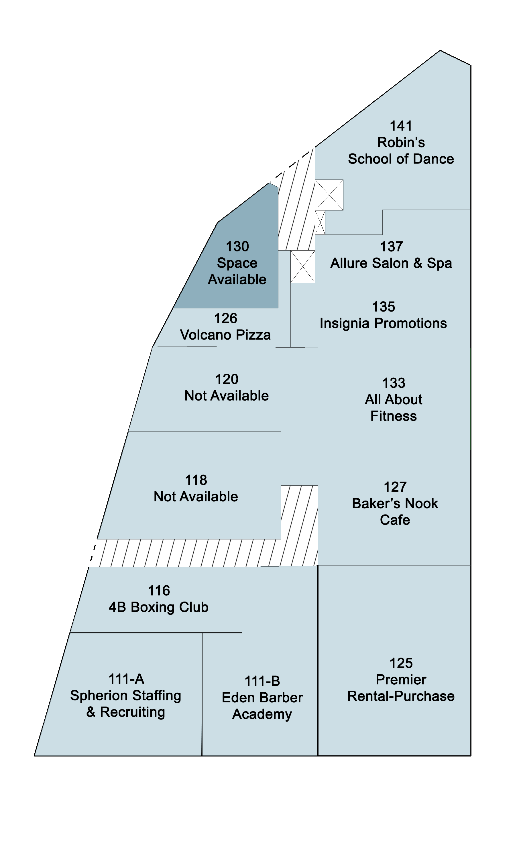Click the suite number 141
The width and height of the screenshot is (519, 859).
coord(401,126)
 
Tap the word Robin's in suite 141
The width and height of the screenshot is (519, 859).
coord(401,142)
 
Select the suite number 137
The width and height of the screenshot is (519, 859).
coord(391,247)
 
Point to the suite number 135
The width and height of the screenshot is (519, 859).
coord(383,307)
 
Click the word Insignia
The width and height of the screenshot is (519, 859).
coord(345,324)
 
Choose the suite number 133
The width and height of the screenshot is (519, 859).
coord(394,383)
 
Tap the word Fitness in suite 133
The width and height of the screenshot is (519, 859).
coord(394,416)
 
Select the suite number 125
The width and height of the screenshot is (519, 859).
coord(401,663)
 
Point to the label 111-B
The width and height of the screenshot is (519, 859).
coord(262,681)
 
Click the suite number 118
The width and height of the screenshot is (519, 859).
coord(196,480)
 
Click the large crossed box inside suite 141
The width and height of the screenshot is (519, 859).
coord(329,195)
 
